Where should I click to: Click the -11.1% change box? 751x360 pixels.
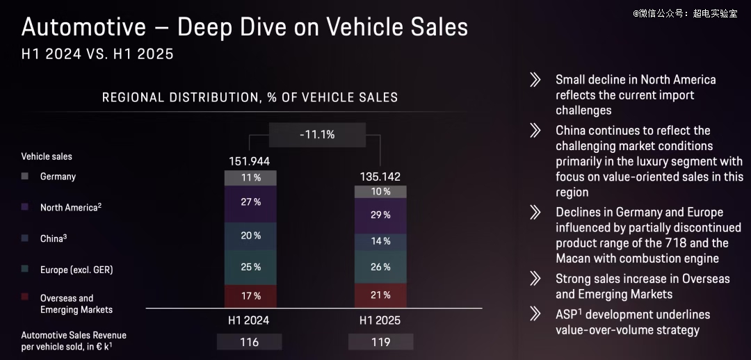click(316, 135)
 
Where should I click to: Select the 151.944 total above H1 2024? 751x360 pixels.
click(249, 162)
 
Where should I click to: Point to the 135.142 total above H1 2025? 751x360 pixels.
click(380, 177)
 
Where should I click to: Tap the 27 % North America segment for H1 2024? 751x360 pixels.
click(250, 202)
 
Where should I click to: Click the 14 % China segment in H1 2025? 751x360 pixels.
click(380, 242)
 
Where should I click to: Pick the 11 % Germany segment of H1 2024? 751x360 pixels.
click(250, 178)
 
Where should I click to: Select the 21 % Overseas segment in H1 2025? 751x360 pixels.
click(380, 295)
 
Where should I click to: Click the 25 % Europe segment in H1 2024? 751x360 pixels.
click(250, 267)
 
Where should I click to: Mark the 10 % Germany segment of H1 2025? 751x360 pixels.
click(380, 191)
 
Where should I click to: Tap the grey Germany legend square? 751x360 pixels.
click(25, 177)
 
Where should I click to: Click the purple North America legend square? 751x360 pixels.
click(25, 207)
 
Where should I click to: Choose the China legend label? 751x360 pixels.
click(53, 238)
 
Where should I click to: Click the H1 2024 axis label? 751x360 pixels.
click(248, 321)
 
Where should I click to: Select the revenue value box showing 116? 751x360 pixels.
click(249, 342)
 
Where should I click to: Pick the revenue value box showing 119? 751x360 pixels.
click(380, 342)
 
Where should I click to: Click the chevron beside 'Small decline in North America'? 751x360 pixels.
click(535, 80)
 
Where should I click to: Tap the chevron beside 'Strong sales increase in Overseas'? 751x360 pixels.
click(535, 279)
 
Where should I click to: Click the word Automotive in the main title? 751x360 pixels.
click(84, 27)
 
